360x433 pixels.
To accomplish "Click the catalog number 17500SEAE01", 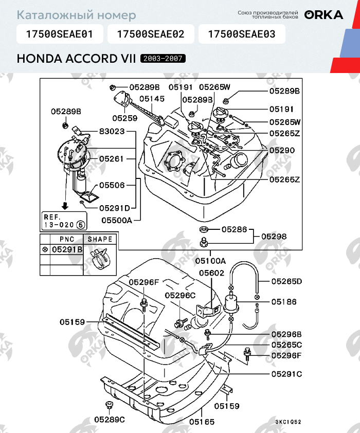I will coord(60,34).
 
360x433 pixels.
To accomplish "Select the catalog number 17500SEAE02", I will coord(150,34).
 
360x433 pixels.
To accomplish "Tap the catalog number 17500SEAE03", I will coord(241,34).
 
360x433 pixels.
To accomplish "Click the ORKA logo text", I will coord(323,15).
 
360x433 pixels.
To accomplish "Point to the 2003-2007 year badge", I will coord(163,59).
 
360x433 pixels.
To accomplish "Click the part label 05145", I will coord(152,98).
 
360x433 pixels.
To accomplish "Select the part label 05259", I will coord(125,118).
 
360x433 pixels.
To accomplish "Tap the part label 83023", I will coord(112,132).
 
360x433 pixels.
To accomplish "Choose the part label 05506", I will coord(112,185).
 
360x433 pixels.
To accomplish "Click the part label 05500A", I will coord(117,220).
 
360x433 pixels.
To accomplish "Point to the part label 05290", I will coord(282,151).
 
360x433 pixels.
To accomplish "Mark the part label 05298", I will coord(274,237).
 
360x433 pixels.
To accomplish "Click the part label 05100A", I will coord(211,261).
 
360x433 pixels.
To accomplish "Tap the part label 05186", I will coord(284,302).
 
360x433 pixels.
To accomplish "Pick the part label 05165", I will coord(202,422).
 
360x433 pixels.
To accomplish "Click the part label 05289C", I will coord(110,419).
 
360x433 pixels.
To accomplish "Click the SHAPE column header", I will coord(100,239).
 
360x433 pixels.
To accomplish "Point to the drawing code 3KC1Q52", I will coord(288,422).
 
